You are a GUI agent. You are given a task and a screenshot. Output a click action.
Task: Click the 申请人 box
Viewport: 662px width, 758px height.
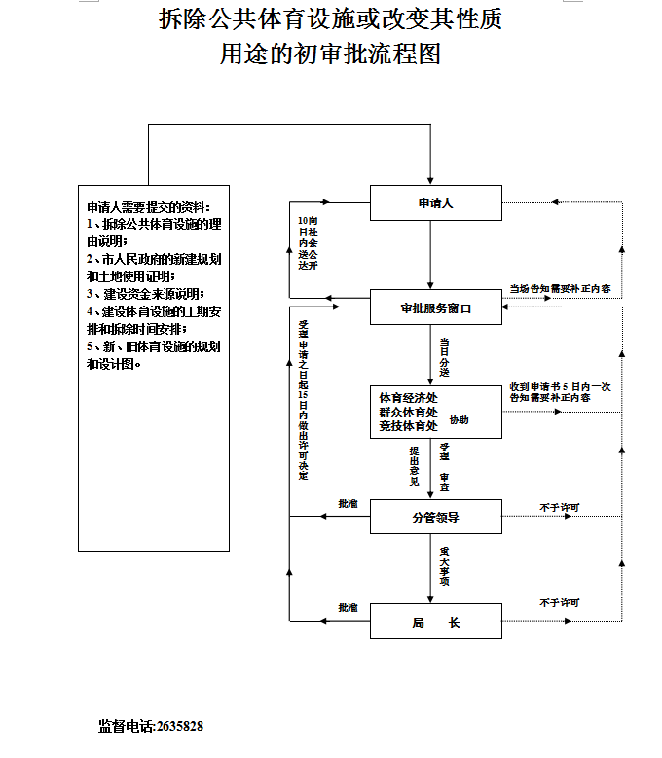coord(435,203)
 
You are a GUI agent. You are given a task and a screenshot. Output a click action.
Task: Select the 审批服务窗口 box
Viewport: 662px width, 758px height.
coord(435,308)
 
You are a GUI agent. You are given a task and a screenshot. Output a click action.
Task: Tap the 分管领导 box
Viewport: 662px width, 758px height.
coord(435,517)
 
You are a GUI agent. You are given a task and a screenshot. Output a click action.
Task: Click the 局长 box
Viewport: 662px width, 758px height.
coord(435,622)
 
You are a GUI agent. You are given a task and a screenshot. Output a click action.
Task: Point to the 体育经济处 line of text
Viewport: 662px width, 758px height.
coord(408,398)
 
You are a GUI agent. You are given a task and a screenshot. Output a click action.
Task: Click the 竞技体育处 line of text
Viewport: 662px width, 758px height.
coord(408,425)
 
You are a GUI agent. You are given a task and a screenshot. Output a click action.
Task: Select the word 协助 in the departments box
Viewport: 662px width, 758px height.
coord(459,420)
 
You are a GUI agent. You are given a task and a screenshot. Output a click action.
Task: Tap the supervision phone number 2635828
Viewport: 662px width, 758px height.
coord(179,726)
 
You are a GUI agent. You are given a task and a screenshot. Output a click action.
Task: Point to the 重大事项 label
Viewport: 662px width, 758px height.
coord(444,566)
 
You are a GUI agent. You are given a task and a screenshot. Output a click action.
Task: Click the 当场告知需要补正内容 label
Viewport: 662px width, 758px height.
coord(561,289)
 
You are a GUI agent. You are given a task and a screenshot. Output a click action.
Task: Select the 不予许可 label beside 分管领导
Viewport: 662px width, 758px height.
coord(559,507)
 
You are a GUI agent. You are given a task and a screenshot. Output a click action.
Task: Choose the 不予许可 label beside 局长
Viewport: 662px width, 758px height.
coord(559,603)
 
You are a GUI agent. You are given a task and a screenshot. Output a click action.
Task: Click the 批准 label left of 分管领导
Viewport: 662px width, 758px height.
coord(348,504)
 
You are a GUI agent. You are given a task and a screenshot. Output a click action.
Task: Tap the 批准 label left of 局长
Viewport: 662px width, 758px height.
coord(348,608)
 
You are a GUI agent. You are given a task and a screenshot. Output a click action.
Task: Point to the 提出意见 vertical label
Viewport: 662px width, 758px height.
coord(415,465)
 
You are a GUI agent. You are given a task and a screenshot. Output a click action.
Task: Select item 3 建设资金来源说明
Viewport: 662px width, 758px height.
coord(146,294)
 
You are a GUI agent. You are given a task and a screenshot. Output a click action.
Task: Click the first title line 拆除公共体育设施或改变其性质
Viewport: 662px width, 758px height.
coord(330,19)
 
